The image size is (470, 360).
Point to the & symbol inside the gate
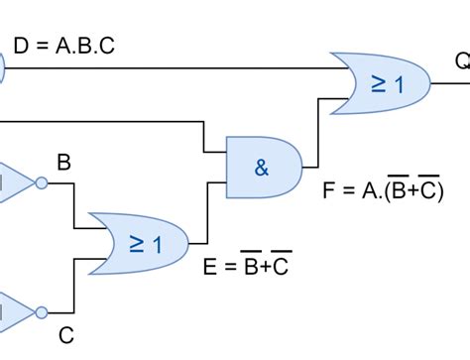pyautogui.click(x=261, y=168)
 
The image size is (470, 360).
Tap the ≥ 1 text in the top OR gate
pyautogui.click(x=388, y=84)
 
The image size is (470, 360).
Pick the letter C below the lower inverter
pyautogui.click(x=64, y=335)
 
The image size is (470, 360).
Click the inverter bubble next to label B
pyautogui.click(x=41, y=182)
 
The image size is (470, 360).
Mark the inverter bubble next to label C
pyautogui.click(x=41, y=312)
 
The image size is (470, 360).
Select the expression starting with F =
pyautogui.click(x=382, y=190)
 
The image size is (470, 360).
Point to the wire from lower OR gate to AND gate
pyautogui.click(x=207, y=213)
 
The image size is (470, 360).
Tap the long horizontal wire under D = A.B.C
pyautogui.click(x=169, y=68)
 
